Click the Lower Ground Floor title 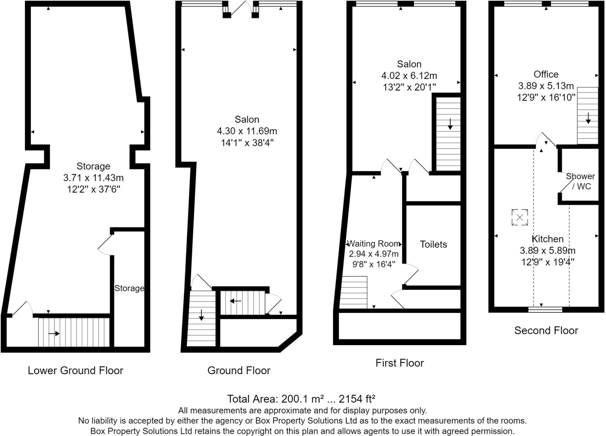(75, 370)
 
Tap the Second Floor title (546, 330)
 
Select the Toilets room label (433, 244)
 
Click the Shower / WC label (580, 181)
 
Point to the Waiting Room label (373, 244)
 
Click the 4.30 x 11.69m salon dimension (247, 131)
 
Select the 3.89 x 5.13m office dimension (546, 86)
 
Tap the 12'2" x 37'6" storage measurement (94, 189)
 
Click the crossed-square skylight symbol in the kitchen (520, 217)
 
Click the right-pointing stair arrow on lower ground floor (54, 334)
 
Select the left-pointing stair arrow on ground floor (236, 301)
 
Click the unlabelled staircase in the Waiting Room (354, 292)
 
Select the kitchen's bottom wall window (545, 310)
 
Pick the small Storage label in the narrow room (129, 288)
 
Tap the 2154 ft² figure (357, 399)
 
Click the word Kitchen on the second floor (547, 239)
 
